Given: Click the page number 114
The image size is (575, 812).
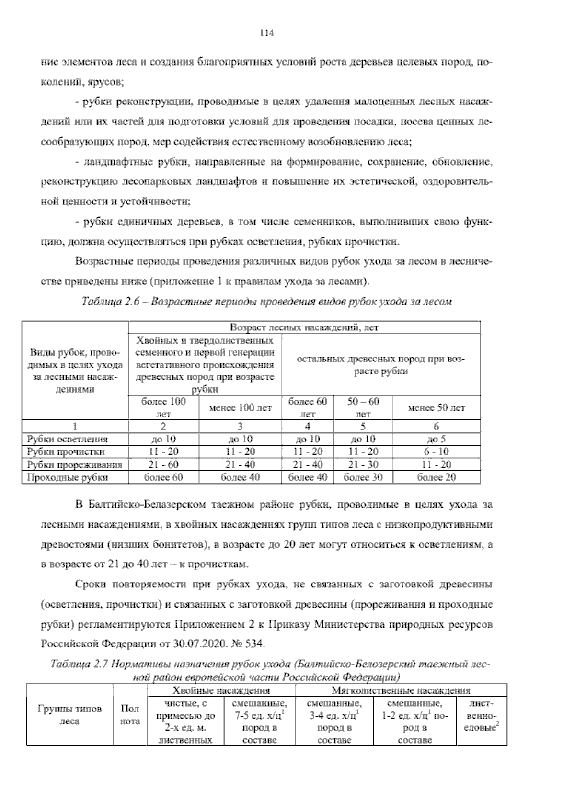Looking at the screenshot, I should [x=266, y=33].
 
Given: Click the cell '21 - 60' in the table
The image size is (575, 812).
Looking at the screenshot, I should [x=163, y=464].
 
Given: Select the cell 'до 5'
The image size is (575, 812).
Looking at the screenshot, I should [x=436, y=439].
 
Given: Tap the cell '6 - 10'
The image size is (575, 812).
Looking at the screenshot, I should [x=436, y=451].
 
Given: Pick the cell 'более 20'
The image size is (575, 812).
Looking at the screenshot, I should [x=436, y=477].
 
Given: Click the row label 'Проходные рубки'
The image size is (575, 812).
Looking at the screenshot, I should [x=68, y=477].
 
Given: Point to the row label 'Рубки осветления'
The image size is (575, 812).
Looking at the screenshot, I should [x=68, y=439].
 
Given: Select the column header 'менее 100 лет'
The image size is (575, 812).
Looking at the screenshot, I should [x=240, y=408].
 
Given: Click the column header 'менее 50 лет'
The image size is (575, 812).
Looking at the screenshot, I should [x=436, y=408].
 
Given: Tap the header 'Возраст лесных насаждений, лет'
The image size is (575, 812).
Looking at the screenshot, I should [x=304, y=327].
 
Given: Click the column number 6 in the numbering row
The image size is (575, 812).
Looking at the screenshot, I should [x=436, y=426].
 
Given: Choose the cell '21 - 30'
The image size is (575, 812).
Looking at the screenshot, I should [x=363, y=464].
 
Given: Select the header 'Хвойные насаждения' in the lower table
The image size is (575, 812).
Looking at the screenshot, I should [x=221, y=690].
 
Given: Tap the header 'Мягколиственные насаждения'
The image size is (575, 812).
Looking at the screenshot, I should [x=401, y=690].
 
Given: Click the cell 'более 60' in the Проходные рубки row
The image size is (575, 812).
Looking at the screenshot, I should [x=163, y=477].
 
